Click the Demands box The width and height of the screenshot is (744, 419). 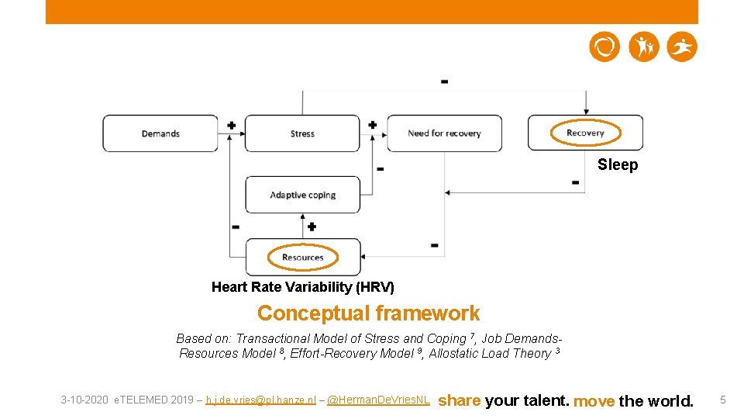click(160, 133)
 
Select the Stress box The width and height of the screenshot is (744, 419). click(302, 133)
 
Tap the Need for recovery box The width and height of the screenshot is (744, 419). click(444, 133)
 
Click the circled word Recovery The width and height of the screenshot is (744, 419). click(585, 133)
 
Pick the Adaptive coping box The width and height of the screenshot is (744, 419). click(302, 195)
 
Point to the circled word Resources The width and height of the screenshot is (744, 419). click(302, 258)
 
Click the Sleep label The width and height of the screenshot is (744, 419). click(618, 164)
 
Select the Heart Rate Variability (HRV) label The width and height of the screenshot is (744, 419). click(302, 287)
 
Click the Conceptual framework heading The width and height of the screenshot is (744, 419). click(368, 313)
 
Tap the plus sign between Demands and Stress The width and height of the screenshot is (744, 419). click(231, 125)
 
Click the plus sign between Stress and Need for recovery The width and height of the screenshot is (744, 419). click(372, 125)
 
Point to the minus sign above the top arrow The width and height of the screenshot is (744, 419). click(444, 81)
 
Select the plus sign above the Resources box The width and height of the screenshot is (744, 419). click(312, 227)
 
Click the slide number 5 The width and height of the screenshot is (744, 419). click(722, 400)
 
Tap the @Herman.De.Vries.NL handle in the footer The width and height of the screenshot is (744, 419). click(378, 400)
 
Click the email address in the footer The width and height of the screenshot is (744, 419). click(260, 400)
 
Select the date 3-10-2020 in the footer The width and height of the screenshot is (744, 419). click(85, 400)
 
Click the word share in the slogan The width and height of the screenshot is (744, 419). click(460, 400)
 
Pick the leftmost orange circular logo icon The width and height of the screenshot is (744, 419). click(604, 47)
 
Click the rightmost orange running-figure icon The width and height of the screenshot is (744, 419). click(683, 47)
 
